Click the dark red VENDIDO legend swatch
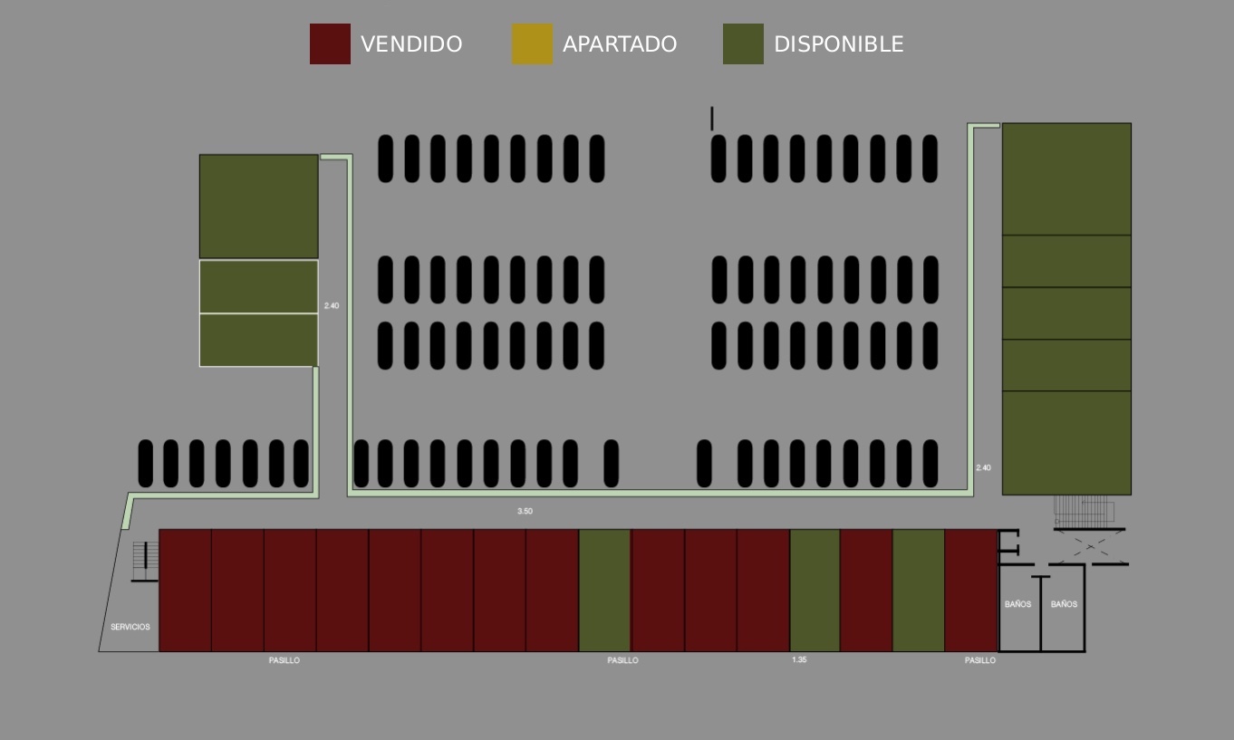point(330,43)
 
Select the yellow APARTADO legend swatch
point(532,43)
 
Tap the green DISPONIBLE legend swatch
point(743,43)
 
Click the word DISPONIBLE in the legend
point(838,44)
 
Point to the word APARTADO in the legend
point(620,44)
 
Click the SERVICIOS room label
point(130,627)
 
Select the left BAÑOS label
point(1018,604)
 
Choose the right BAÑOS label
point(1064,604)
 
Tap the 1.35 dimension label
point(799,659)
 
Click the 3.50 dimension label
point(525,511)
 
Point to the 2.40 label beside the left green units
point(332,305)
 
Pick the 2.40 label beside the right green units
point(983,467)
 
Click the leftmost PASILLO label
point(284,660)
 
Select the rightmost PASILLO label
point(980,660)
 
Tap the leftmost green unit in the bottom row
point(604,591)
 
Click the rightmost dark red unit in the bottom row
point(970,591)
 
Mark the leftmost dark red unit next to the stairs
point(185,591)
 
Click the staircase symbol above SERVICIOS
point(146,561)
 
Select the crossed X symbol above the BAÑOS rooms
point(1091,547)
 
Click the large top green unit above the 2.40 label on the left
point(259,207)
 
